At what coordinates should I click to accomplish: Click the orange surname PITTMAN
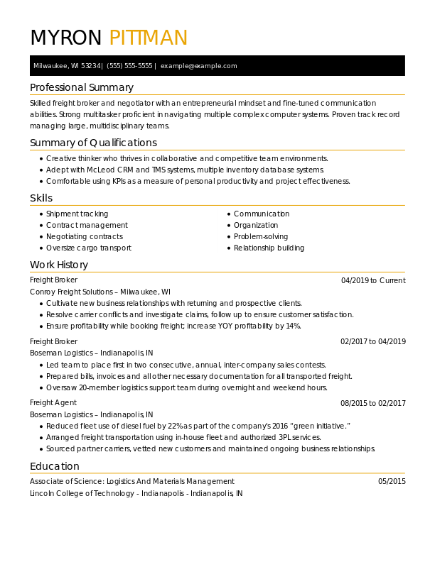click(148, 38)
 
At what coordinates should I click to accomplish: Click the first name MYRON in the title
click(66, 38)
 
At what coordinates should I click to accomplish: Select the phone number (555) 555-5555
click(129, 66)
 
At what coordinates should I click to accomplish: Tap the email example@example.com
click(198, 66)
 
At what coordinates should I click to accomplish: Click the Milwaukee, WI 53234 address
click(67, 66)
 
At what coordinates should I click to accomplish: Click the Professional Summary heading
click(82, 87)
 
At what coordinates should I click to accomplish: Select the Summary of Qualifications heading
click(93, 143)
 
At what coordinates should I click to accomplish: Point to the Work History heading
click(59, 265)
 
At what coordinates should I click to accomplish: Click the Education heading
click(55, 466)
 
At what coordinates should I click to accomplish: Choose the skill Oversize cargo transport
click(89, 248)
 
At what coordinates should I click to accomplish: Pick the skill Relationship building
click(269, 248)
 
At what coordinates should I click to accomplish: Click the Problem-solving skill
click(261, 237)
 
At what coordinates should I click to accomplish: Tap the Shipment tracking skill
click(77, 214)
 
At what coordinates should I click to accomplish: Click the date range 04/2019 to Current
click(373, 281)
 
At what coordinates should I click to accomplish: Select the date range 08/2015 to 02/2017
click(373, 403)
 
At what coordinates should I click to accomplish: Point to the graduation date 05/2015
click(392, 482)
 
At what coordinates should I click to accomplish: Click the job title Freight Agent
click(53, 403)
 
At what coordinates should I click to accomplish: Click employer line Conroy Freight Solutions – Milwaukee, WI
click(100, 292)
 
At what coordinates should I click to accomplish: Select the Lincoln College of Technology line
click(136, 493)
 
